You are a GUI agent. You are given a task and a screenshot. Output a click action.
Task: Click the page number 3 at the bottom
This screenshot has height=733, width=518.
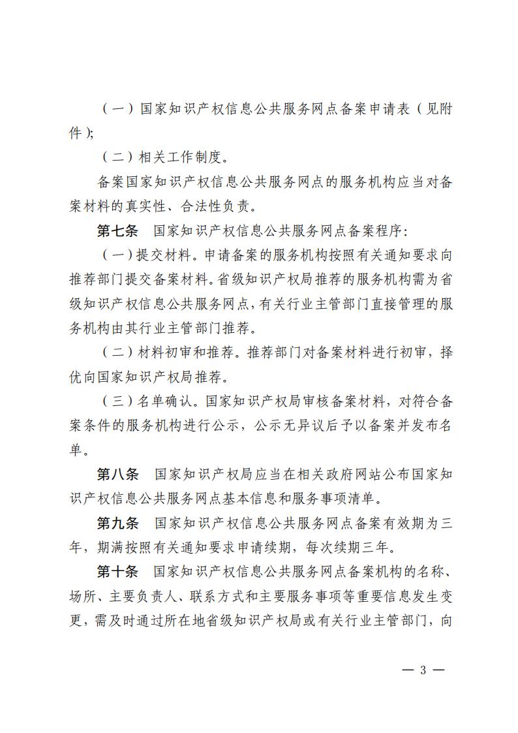pyautogui.click(x=423, y=670)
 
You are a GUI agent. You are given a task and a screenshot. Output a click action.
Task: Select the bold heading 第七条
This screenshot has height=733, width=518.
pyautogui.click(x=117, y=231)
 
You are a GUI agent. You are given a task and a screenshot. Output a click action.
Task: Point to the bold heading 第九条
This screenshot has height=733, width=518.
pyautogui.click(x=117, y=523)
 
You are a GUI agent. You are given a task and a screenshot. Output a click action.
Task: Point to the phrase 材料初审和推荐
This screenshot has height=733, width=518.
pyautogui.click(x=190, y=353)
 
